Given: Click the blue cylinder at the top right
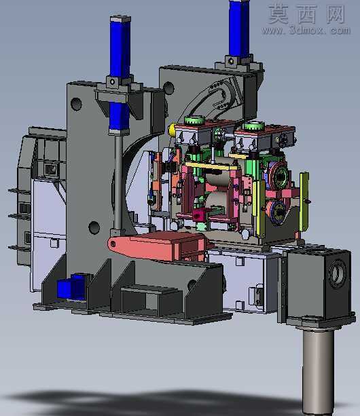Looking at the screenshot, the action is (239, 29).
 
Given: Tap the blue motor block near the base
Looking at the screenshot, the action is (71, 287).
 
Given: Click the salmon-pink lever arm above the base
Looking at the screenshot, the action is (157, 246).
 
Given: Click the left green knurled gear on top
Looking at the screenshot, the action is (194, 120).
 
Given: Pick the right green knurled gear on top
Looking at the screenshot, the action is (254, 126).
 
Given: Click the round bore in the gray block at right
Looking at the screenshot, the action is (337, 274).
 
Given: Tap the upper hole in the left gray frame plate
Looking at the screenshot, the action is (76, 104).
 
